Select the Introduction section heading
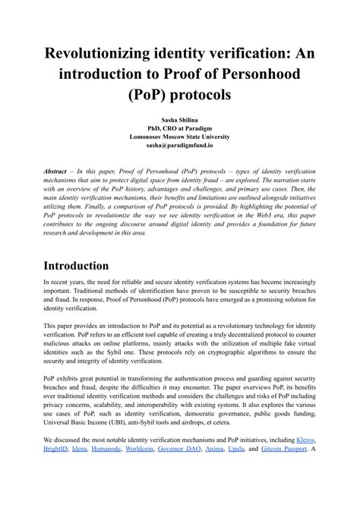pyautogui.click(x=87, y=266)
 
